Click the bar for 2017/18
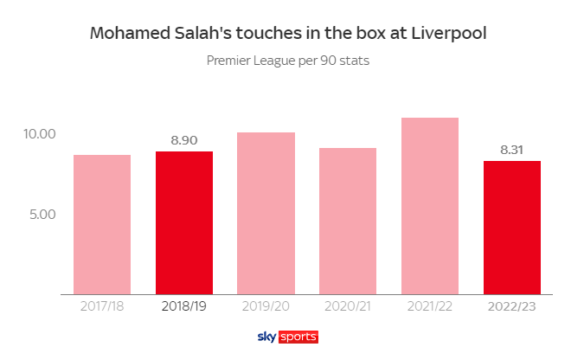[x=102, y=224]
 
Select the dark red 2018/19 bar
[x=184, y=222]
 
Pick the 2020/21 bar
[x=348, y=221]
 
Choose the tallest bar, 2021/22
[x=430, y=206]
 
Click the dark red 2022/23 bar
[x=512, y=227]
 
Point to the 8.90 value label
[x=184, y=139]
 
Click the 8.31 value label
[x=512, y=149]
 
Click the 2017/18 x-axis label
[x=102, y=307]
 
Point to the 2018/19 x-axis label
[x=184, y=307]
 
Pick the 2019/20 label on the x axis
[x=266, y=307]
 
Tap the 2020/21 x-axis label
[x=348, y=307]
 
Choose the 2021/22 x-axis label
[x=430, y=307]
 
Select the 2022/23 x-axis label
[x=512, y=307]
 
